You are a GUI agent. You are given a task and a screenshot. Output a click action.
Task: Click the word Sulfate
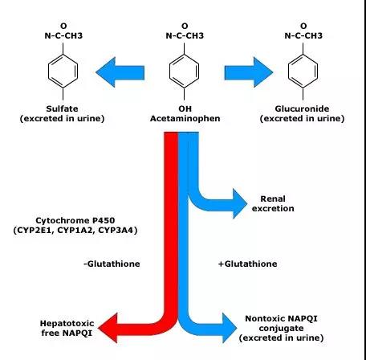(x=62, y=108)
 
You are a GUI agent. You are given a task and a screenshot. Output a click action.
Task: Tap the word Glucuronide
(x=302, y=108)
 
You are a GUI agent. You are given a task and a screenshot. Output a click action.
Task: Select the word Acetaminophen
(x=185, y=118)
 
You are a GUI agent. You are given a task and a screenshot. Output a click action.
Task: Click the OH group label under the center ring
(x=185, y=108)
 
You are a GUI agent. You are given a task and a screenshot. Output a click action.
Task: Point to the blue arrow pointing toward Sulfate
(x=120, y=72)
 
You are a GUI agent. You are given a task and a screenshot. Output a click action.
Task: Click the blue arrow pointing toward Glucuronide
(x=249, y=72)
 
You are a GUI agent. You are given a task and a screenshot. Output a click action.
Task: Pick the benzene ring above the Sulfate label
(x=63, y=72)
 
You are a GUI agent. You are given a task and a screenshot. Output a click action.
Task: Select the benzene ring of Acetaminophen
(x=185, y=72)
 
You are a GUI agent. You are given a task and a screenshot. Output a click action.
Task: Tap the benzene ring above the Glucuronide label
(x=303, y=72)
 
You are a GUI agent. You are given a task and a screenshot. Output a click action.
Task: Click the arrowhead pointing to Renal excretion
(x=239, y=203)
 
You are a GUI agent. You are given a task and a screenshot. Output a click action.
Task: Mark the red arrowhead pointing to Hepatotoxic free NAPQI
(x=108, y=328)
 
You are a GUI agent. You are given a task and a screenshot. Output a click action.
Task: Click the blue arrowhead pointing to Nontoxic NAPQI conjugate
(x=230, y=328)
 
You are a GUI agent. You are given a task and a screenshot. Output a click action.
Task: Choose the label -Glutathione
(x=112, y=264)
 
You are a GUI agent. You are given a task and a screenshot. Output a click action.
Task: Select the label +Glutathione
(x=248, y=264)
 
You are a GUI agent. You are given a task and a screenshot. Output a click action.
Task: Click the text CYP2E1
(x=35, y=230)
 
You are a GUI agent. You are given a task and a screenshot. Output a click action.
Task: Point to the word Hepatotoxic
(x=67, y=323)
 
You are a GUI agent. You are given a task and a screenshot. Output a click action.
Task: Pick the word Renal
(x=273, y=198)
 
